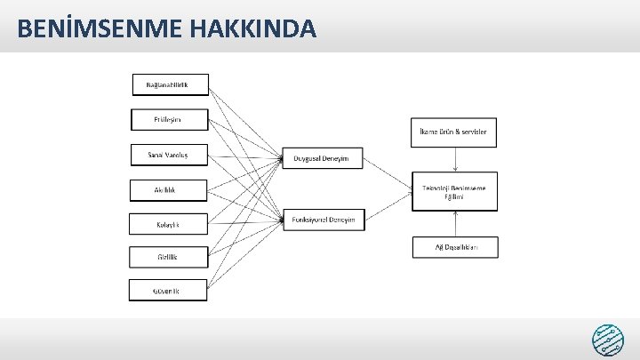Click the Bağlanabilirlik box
tap(171, 84)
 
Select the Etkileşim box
tap(169, 119)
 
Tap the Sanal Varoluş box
tap(169, 155)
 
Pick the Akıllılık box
tap(169, 189)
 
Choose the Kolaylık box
tap(169, 224)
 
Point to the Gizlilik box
tap(169, 258)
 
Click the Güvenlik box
tap(169, 291)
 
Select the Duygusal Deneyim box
tap(322, 159)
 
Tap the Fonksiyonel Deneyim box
tap(323, 220)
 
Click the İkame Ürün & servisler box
tap(453, 132)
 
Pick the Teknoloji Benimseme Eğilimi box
tap(454, 191)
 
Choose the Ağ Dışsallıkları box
tap(455, 247)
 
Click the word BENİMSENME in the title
tap(96, 28)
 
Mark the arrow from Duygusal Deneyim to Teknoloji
tap(387, 174)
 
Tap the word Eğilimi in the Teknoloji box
tap(454, 197)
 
